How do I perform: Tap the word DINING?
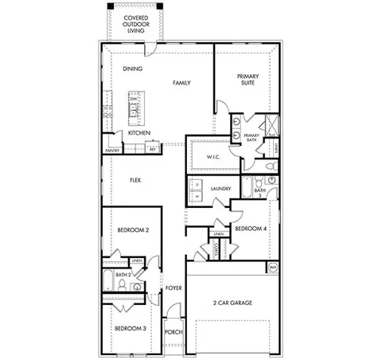132,69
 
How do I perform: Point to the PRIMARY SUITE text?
248,80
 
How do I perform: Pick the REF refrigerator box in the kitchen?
152,148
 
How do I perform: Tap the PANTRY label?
112,150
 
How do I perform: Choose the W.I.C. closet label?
212,156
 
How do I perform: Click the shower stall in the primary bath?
271,126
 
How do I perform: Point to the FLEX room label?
135,181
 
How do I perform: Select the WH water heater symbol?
273,267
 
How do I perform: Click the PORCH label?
173,332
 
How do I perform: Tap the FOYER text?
173,288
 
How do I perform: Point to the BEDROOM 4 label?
249,229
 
